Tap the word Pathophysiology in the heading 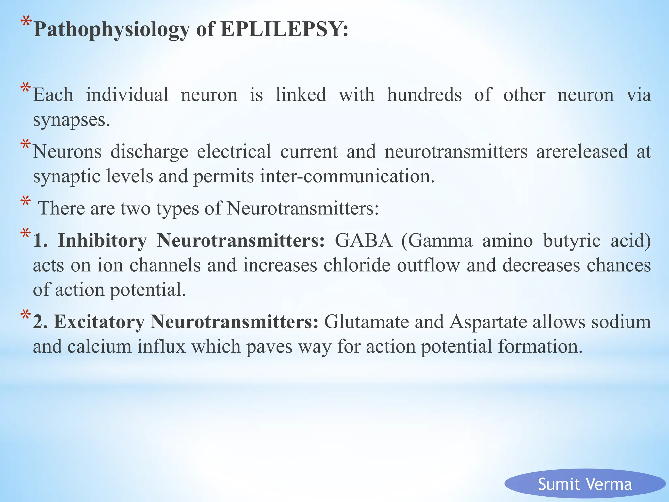[111, 30]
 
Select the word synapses [71, 120]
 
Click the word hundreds [424, 95]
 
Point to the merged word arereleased [582, 152]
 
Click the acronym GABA [364, 241]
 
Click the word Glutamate [366, 322]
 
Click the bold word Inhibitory [102, 241]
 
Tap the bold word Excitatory [99, 322]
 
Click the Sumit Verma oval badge [585, 484]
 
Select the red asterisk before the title [26, 24]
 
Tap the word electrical [234, 152]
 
